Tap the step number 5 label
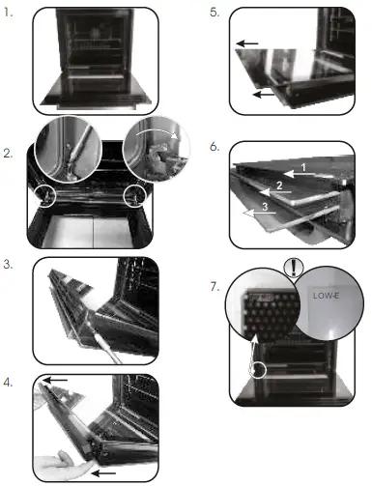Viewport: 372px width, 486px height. pyautogui.click(x=214, y=14)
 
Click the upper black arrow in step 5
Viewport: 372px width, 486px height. pyautogui.click(x=247, y=43)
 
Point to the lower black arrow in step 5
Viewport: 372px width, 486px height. pyautogui.click(x=260, y=96)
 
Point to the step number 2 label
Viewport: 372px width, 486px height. pyautogui.click(x=8, y=154)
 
